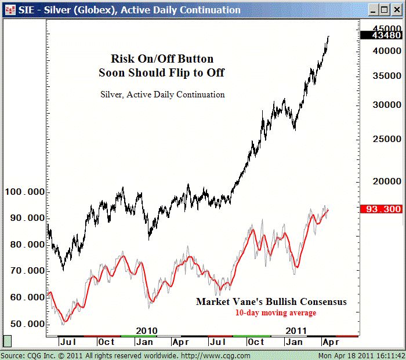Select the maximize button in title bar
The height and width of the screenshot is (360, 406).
[x=383, y=10]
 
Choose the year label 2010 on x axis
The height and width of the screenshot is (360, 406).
[x=147, y=330]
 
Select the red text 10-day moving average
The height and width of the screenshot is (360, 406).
[x=275, y=313]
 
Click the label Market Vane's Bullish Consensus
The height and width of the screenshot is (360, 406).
[x=271, y=301]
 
